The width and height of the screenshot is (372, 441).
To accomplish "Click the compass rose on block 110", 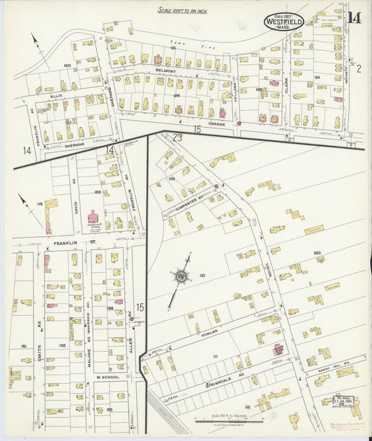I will (181, 277).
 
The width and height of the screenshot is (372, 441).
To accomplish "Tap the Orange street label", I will (216, 124).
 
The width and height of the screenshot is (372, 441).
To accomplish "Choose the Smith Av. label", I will (39, 340).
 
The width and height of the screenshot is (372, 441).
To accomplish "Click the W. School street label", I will (106, 377).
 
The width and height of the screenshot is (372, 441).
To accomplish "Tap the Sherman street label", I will (73, 144).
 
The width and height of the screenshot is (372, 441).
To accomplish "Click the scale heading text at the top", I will (184, 10).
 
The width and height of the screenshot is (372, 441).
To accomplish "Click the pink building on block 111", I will (278, 348).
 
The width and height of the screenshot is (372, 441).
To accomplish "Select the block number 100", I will (317, 253).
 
